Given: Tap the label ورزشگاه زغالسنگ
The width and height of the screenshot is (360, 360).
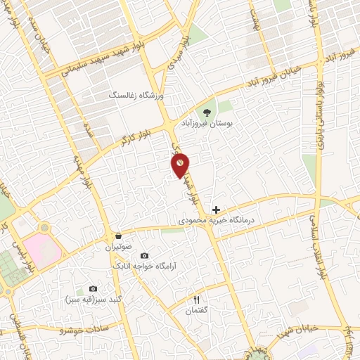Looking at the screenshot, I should pyautogui.click(x=136, y=94).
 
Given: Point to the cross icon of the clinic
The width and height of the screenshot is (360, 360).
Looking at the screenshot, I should pyautogui.click(x=216, y=209).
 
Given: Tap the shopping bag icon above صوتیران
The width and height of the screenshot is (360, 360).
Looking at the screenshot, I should pyautogui.click(x=118, y=236).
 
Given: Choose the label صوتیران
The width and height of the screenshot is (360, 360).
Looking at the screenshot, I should pyautogui.click(x=119, y=247).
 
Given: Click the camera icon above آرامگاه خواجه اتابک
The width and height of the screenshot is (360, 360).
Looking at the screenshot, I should pyautogui.click(x=145, y=256).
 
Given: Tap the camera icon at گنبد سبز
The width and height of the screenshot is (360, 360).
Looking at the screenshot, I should pyautogui.click(x=94, y=288).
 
